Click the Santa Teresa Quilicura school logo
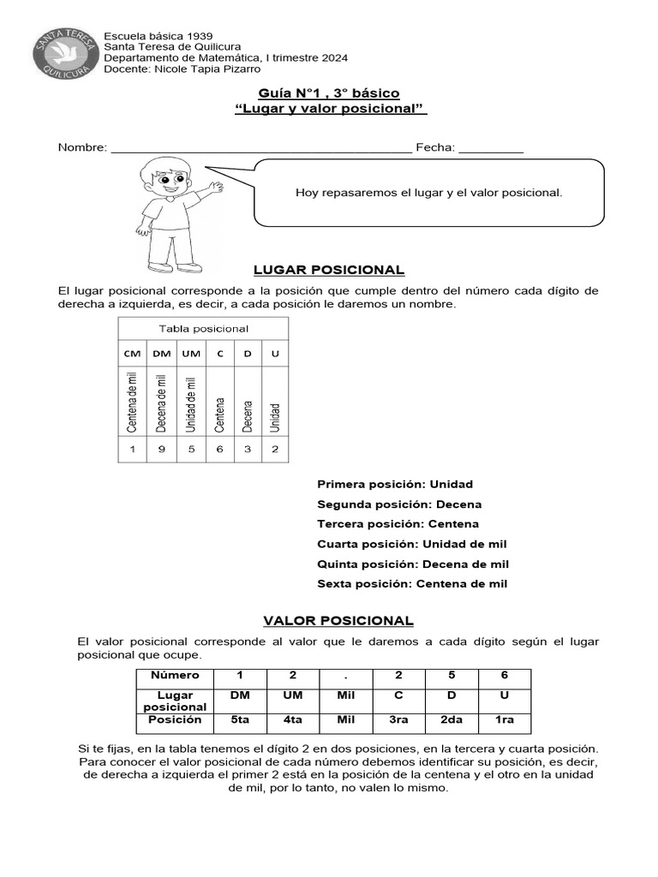63,54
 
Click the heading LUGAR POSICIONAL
329,271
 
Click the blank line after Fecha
491,149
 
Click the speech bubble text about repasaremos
428,193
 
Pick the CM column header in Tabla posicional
133,354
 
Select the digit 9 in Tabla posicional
161,449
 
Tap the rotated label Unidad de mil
190,403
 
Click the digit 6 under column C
219,449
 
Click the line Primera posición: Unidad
394,484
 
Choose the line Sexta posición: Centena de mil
412,584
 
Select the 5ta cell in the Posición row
240,720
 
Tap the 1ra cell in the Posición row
505,720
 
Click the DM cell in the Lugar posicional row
240,695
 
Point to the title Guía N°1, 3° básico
329,93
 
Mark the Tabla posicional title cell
204,329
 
